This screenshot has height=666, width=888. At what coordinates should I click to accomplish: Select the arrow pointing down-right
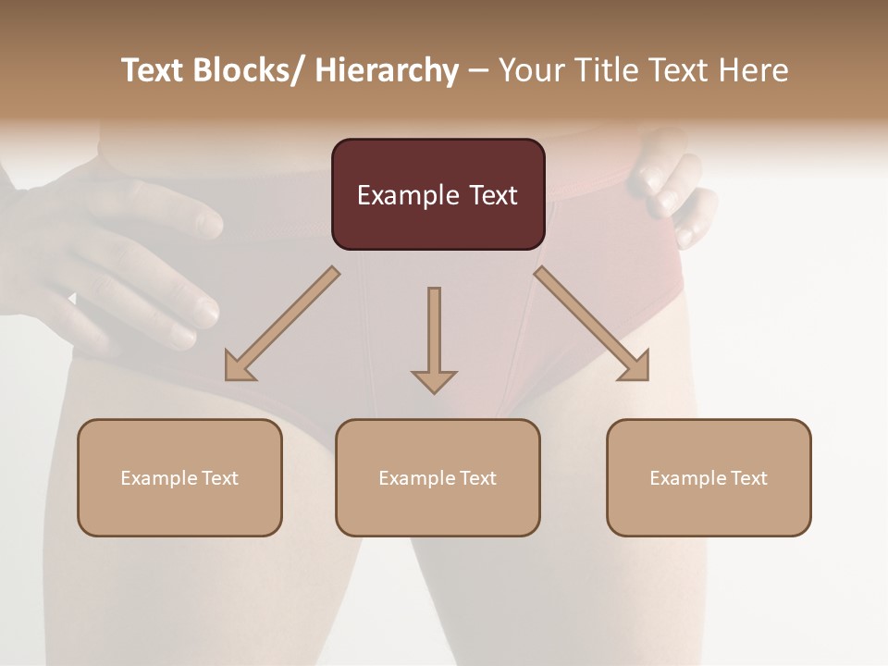click(592, 325)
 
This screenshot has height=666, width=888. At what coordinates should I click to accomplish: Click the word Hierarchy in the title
click(387, 71)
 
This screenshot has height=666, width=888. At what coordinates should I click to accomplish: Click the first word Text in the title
click(154, 71)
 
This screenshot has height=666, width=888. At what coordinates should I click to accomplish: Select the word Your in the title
click(530, 71)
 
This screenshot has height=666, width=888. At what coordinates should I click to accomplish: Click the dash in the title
click(478, 71)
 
